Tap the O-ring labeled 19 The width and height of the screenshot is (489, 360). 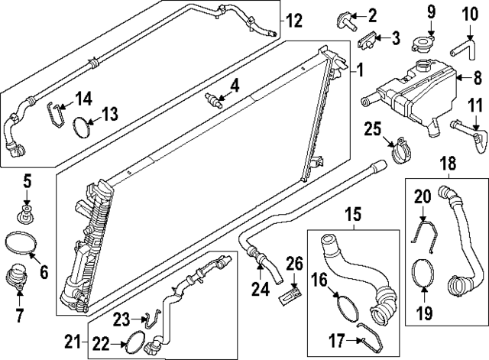pos(425,275)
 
